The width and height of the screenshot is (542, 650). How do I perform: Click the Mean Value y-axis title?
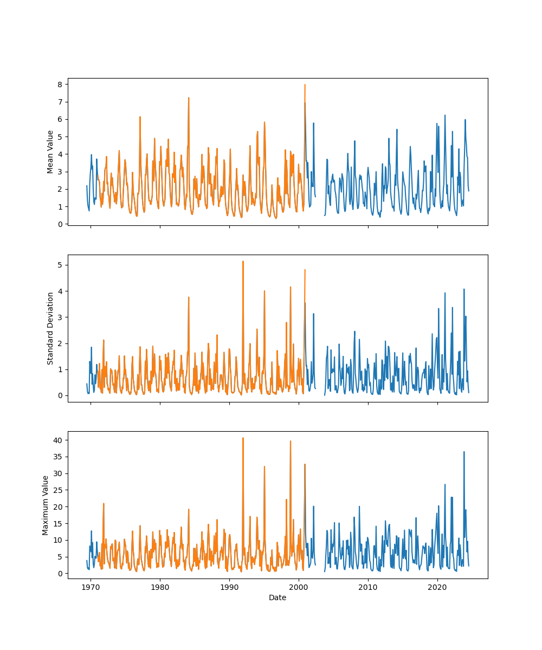[50, 152]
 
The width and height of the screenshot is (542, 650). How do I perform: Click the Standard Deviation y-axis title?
[50, 328]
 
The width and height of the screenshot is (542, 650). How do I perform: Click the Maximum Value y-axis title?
[46, 505]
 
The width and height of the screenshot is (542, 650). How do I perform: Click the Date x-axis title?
[278, 598]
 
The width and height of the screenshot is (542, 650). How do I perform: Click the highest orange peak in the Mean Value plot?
[305, 85]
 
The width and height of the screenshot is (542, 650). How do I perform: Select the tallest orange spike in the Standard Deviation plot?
[243, 262]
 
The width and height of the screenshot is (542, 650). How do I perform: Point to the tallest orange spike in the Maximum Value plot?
[243, 438]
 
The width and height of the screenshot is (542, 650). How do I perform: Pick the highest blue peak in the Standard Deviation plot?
[464, 289]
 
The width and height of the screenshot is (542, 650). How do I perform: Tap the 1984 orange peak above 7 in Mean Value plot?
[189, 98]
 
